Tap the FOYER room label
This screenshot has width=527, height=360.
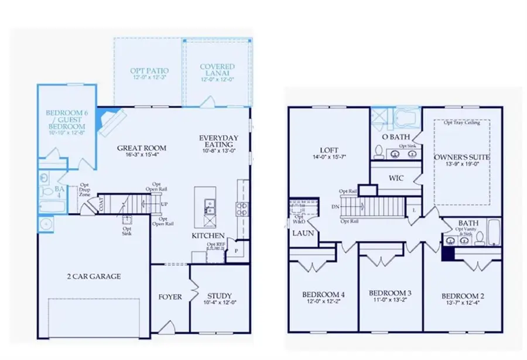coord(170,297)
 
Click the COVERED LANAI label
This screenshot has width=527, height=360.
coord(217,70)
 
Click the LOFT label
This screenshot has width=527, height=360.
coord(322,150)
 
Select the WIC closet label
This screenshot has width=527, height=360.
coord(396,176)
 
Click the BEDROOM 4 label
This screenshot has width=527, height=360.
coord(322,294)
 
